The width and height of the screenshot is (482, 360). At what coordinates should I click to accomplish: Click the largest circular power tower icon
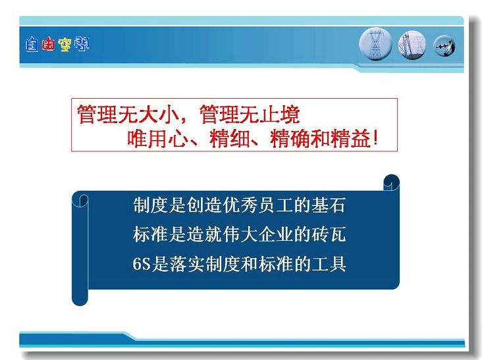[x=375, y=44]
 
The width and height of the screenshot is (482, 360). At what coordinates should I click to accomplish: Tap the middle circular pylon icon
[x=412, y=45]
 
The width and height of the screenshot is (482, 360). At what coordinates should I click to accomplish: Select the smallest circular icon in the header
[x=444, y=46]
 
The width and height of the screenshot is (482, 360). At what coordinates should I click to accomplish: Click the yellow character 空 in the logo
[x=65, y=45]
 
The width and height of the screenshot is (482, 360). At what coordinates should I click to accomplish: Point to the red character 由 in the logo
[x=48, y=43]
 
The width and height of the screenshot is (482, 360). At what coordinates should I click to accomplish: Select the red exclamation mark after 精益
[x=375, y=138]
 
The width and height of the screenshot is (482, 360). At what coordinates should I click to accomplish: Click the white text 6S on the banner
[x=142, y=264]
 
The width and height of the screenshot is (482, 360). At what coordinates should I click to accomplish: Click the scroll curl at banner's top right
[x=391, y=182]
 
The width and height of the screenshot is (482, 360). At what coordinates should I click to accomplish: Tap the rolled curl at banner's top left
[x=80, y=200]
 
